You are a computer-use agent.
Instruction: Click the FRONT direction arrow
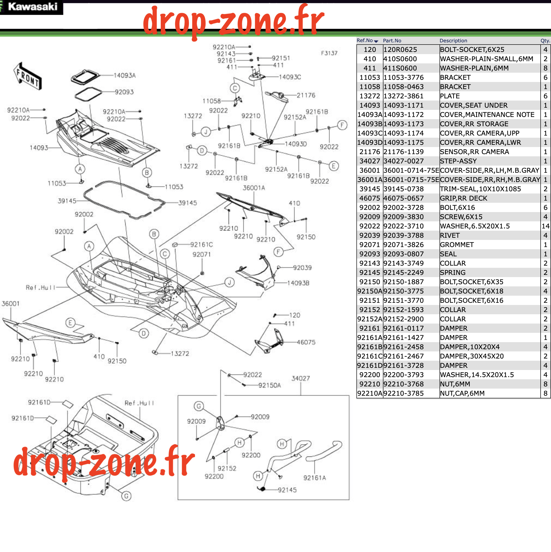pyautogui.click(x=28, y=76)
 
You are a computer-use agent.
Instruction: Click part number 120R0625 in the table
pyautogui.click(x=400, y=50)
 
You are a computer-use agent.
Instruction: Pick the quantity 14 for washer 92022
pyautogui.click(x=545, y=226)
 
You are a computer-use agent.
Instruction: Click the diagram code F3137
pyautogui.click(x=329, y=53)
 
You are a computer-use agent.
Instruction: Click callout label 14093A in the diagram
pyautogui.click(x=125, y=75)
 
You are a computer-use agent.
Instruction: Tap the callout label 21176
pyautogui.click(x=306, y=95)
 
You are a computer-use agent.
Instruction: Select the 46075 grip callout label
pyautogui.click(x=306, y=342)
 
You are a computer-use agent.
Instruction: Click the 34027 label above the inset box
pyautogui.click(x=301, y=378)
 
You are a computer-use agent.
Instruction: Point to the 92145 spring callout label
pyautogui.click(x=287, y=490)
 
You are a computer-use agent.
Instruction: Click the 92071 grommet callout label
pyautogui.click(x=201, y=255)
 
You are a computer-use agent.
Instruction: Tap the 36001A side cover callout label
pyautogui.click(x=254, y=188)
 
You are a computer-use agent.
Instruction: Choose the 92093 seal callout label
pyautogui.click(x=124, y=92)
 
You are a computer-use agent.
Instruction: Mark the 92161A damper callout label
pyautogui.click(x=315, y=478)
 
